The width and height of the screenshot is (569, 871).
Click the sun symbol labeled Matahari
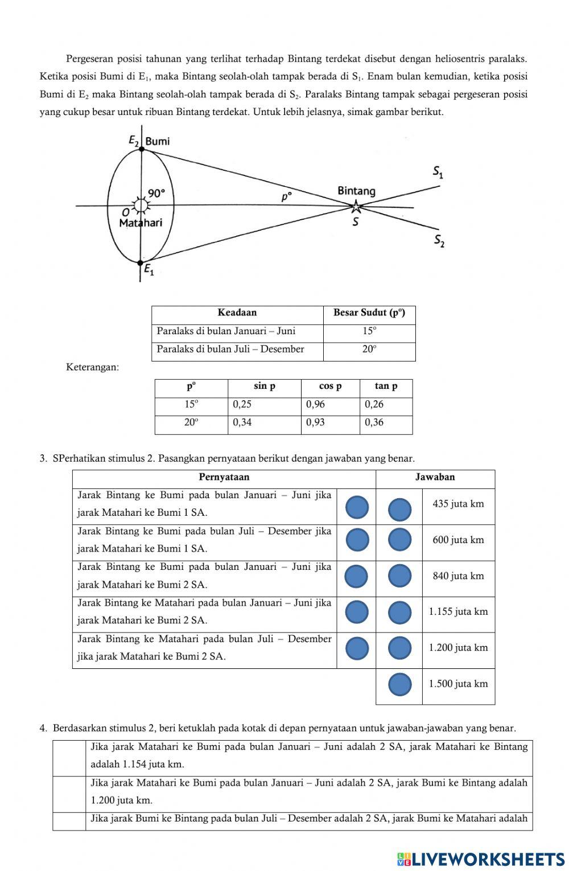(140, 206)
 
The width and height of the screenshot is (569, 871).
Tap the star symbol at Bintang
(356, 207)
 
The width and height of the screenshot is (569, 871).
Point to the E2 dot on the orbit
(142, 149)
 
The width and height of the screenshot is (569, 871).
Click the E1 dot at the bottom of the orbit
(141, 262)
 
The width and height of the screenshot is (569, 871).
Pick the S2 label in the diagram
(439, 241)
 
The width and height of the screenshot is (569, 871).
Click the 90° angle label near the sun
(156, 192)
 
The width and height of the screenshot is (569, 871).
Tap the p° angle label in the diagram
(286, 197)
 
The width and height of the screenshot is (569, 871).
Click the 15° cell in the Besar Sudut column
(369, 331)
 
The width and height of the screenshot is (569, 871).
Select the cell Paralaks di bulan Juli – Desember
(230, 350)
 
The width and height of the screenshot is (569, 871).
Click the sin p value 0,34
(242, 422)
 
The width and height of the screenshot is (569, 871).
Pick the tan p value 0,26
(374, 405)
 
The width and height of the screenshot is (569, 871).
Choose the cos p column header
(330, 386)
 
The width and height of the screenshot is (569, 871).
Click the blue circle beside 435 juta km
(400, 509)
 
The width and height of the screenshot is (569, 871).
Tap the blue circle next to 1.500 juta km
(400, 684)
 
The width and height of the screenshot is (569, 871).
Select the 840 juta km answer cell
(458, 576)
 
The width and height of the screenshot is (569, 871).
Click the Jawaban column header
(435, 477)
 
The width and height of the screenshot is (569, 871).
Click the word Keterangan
(93, 367)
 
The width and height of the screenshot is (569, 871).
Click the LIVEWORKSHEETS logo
(481, 858)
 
